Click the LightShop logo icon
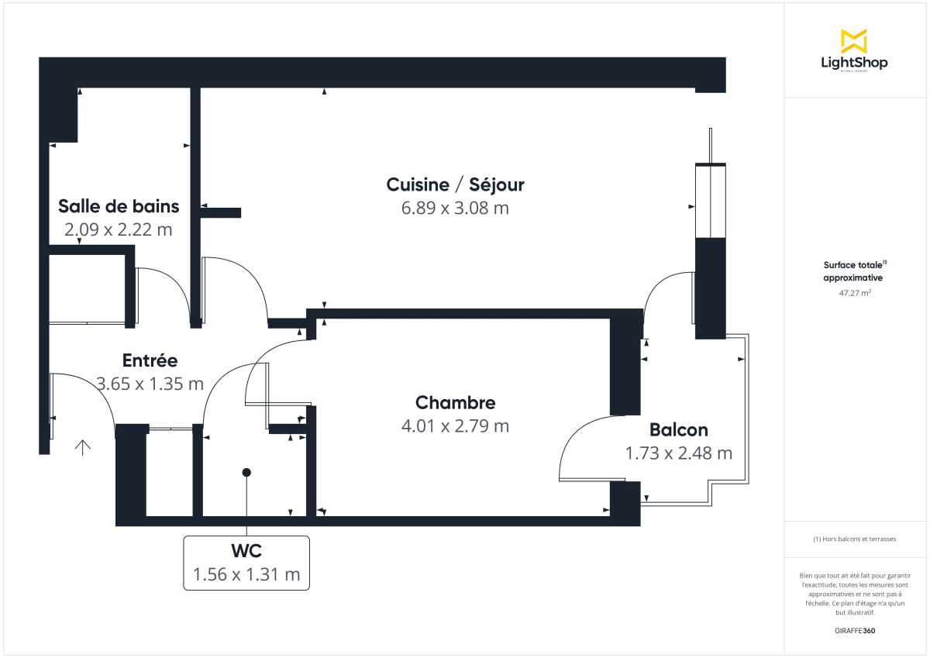pos(854,41)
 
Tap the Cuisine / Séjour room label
pos(455,184)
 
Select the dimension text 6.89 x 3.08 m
pos(455,208)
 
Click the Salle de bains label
pos(119,206)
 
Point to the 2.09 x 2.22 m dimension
pos(118,229)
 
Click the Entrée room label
pos(150,360)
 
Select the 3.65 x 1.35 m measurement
pos(150,384)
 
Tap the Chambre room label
pos(455,403)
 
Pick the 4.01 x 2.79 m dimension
pos(455,426)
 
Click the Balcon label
pos(678,430)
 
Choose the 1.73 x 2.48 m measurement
pos(678,453)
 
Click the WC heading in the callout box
pos(246,552)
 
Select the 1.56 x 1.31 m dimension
pos(246,575)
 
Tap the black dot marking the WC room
pos(246,472)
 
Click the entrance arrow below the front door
pos(82,447)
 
